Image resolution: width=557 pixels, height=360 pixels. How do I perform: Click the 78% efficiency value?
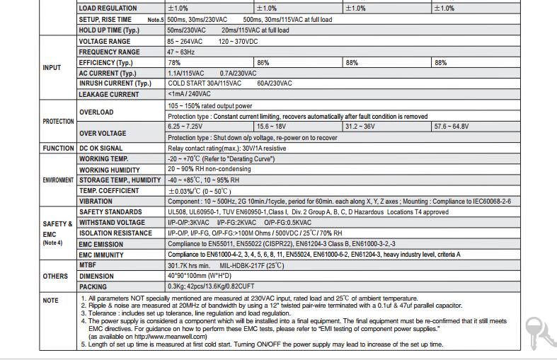(x=174, y=63)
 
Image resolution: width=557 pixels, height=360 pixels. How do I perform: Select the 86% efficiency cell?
(x=263, y=63)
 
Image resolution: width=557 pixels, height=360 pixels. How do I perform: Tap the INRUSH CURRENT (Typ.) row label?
(x=115, y=83)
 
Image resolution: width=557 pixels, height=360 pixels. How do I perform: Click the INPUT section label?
(x=52, y=68)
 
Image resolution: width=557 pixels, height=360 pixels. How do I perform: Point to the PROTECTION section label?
(x=58, y=122)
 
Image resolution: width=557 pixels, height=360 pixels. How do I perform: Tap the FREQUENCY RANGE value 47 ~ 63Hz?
(x=181, y=52)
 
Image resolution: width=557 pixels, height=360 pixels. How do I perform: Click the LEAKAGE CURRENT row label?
(x=109, y=94)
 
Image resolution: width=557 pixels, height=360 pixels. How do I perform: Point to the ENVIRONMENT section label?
(x=58, y=180)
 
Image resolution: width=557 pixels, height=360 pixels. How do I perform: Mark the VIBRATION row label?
(x=96, y=202)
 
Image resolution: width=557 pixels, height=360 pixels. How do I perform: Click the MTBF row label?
(x=88, y=266)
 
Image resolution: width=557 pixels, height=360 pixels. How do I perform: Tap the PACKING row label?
(x=93, y=287)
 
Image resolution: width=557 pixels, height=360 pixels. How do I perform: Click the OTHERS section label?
(x=55, y=277)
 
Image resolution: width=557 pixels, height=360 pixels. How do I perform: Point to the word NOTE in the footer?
(x=51, y=301)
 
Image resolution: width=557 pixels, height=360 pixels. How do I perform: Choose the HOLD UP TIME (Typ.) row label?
(x=109, y=30)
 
